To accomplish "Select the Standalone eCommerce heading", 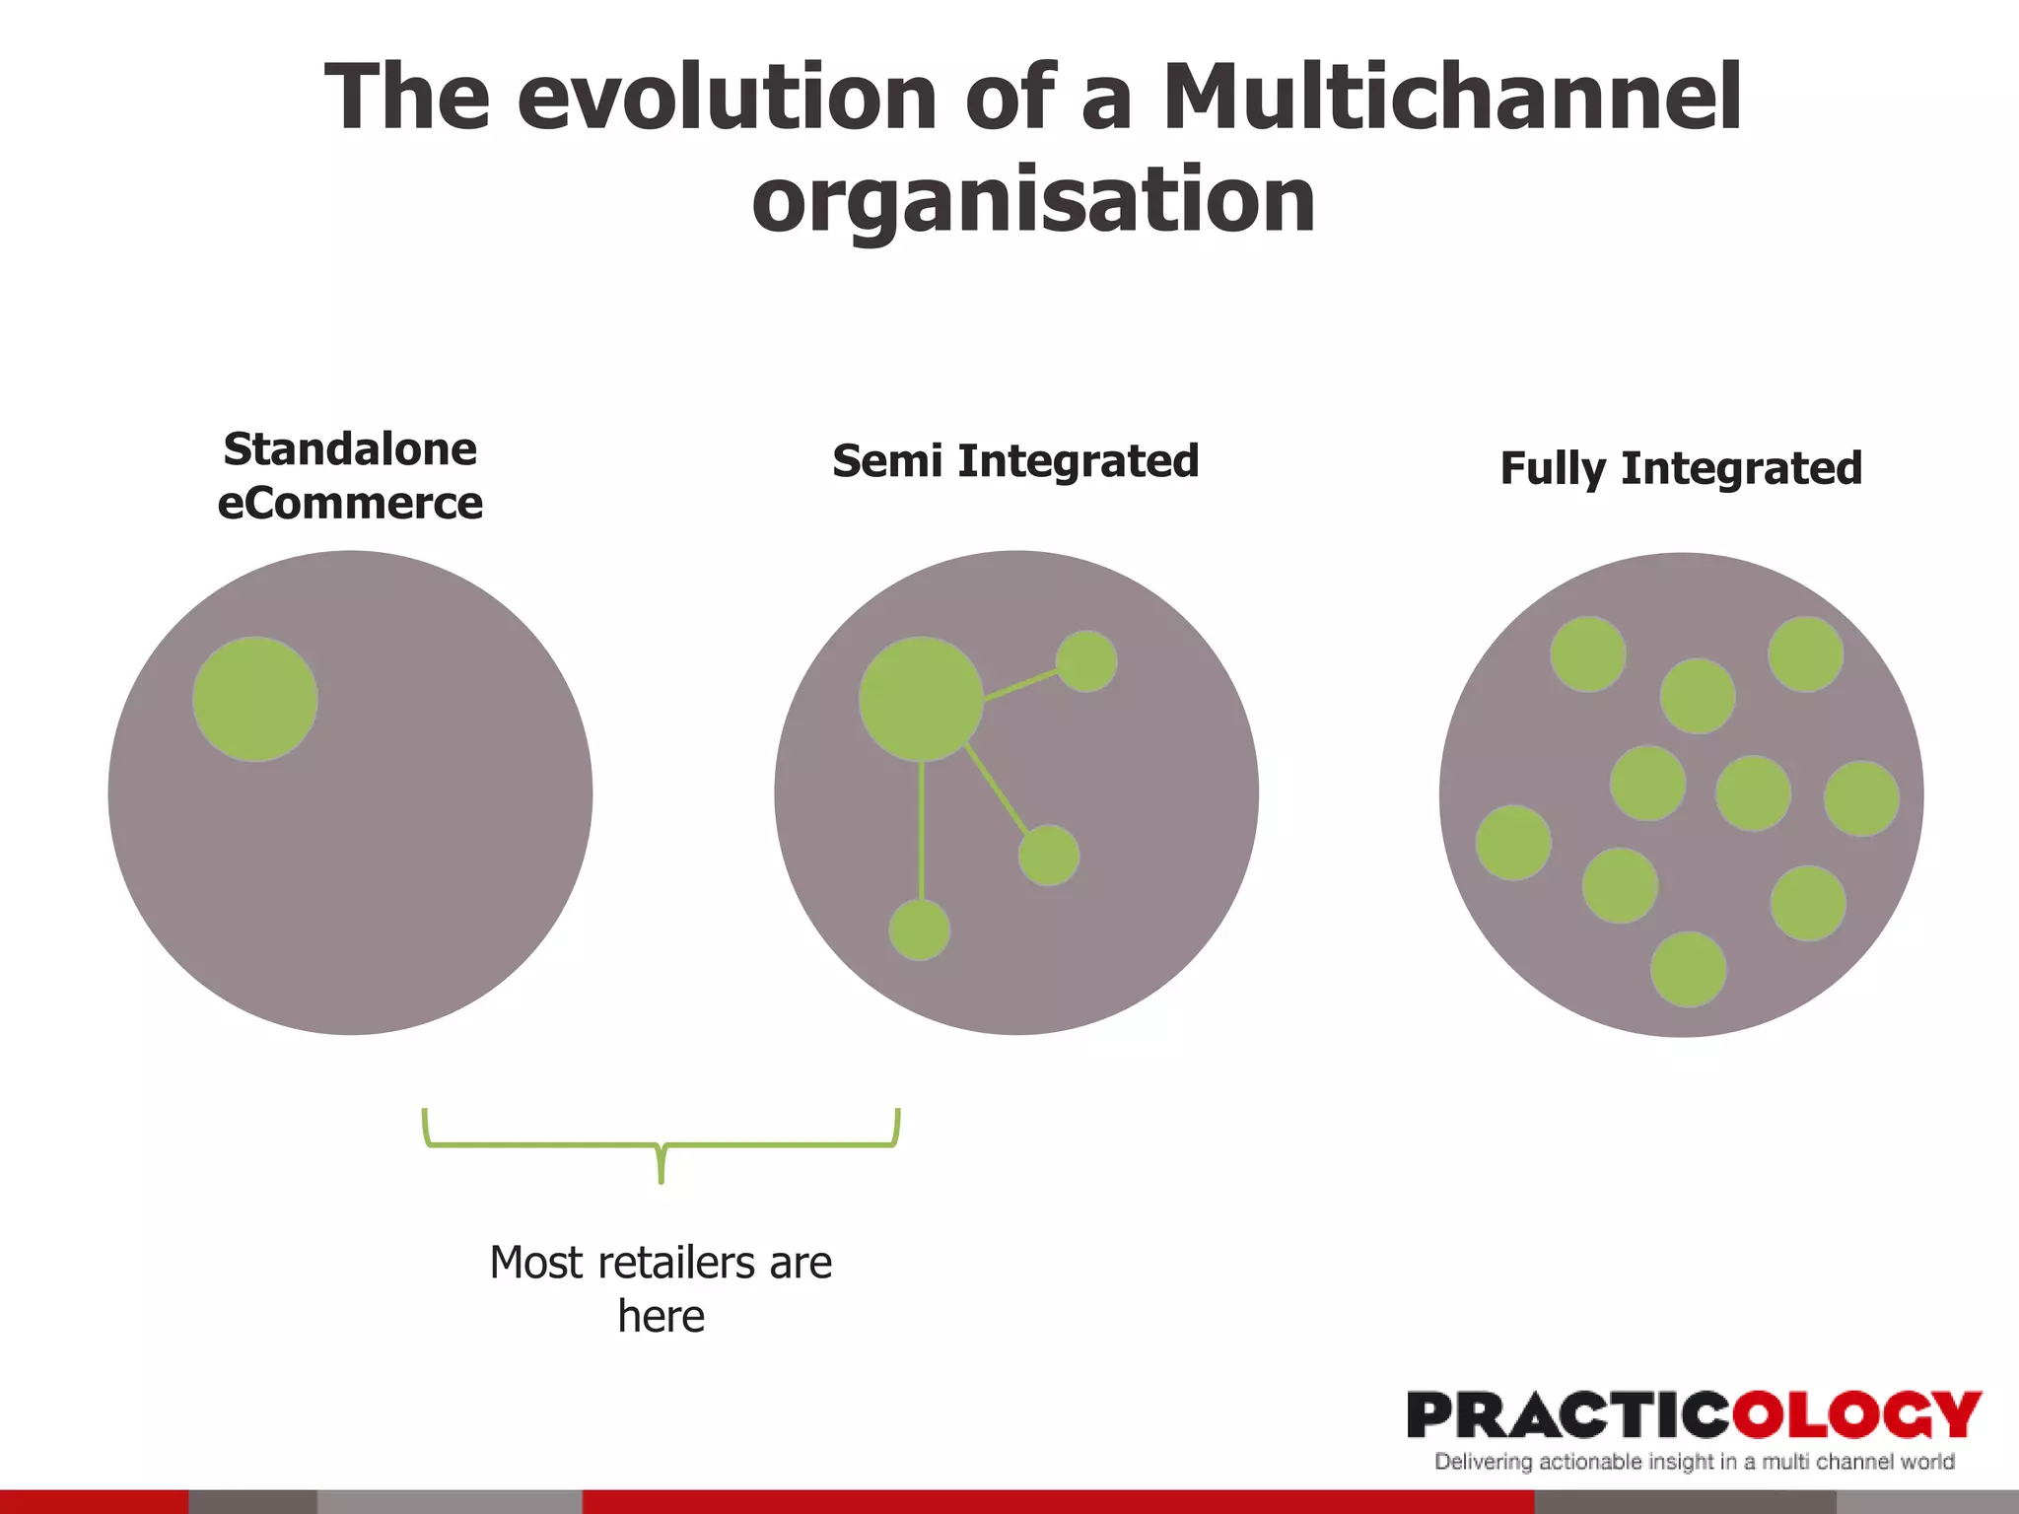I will pos(350,475).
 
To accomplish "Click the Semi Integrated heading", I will pos(1015,461).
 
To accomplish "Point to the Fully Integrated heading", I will pos(1681,468).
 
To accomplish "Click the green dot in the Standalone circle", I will pos(255,699).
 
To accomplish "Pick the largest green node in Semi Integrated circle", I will pos(921,699).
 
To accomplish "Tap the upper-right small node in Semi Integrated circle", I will pos(1086,661).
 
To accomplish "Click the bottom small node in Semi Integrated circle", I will pos(920,929).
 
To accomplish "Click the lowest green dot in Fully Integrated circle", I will pos(1689,969).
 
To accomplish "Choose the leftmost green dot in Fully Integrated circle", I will pos(1513,843).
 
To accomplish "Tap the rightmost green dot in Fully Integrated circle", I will pos(1861,798).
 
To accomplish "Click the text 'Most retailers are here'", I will pos(661,1288).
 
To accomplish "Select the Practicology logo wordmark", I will pos(1694,1415).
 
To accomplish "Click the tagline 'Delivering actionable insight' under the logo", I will pos(1694,1462).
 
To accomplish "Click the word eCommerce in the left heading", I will pos(350,504).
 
